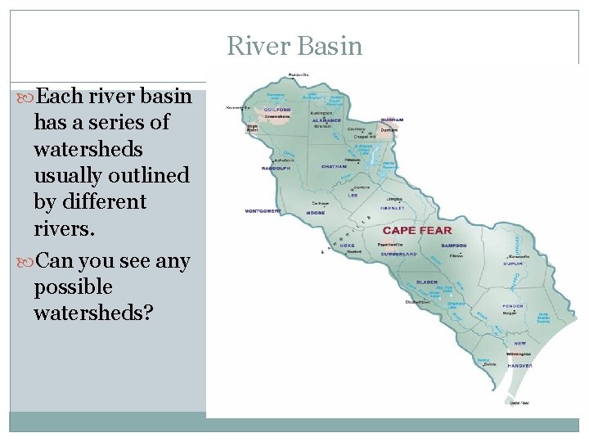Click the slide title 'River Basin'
[x=294, y=46]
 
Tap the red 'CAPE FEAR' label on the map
[x=417, y=231]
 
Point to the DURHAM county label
[x=392, y=120]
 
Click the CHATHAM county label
[x=334, y=166]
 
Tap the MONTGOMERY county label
[x=263, y=210]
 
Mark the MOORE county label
[x=316, y=213]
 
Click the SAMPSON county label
[x=453, y=246]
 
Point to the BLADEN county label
[x=426, y=282]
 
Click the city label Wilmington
[x=519, y=354]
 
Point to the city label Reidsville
[x=298, y=74]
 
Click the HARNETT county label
[x=392, y=208]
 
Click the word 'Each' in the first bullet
[x=60, y=97]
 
